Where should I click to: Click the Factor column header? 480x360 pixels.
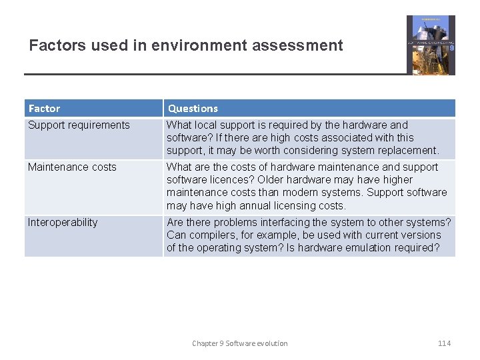pos(44,108)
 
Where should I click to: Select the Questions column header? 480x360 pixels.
pos(193,108)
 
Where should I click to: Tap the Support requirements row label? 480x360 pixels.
pos(79,125)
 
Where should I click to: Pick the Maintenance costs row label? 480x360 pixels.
pos(72,167)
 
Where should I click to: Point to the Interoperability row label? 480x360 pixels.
pos(63,223)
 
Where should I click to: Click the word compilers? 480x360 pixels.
pos(213,235)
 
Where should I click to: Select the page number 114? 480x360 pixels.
pos(444,343)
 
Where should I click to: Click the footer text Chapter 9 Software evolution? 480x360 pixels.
pos(240,343)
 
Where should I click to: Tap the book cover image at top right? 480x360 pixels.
pos(431,45)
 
